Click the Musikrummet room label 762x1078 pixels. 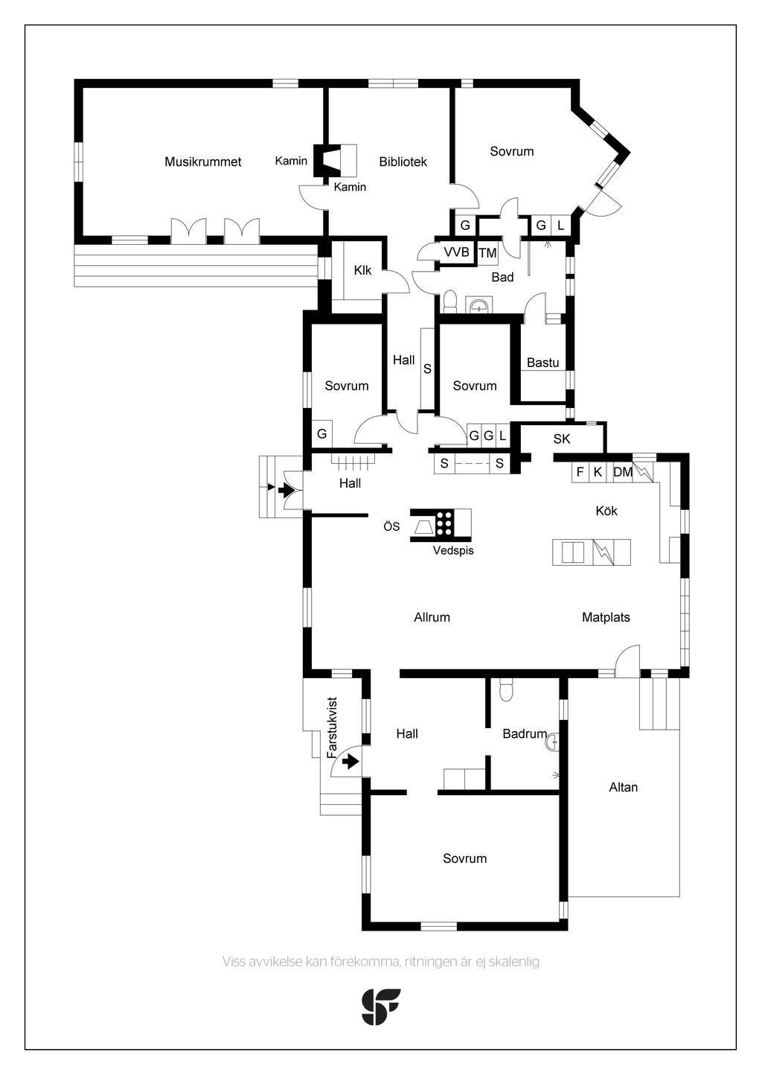[202, 162]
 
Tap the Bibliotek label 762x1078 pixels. [403, 162]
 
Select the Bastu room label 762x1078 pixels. [542, 363]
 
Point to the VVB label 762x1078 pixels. [456, 252]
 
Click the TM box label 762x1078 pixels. [487, 252]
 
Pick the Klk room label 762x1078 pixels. [362, 270]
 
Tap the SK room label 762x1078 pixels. [562, 439]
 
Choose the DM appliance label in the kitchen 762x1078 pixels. [623, 472]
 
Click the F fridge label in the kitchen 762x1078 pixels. [580, 472]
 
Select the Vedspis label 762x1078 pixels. [453, 550]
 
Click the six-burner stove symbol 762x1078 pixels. [444, 523]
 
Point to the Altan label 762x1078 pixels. [623, 788]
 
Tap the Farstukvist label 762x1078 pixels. [332, 727]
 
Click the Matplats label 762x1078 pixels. [606, 617]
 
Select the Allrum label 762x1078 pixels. [432, 617]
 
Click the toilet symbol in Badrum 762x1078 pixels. [507, 689]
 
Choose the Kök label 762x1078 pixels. [606, 511]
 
